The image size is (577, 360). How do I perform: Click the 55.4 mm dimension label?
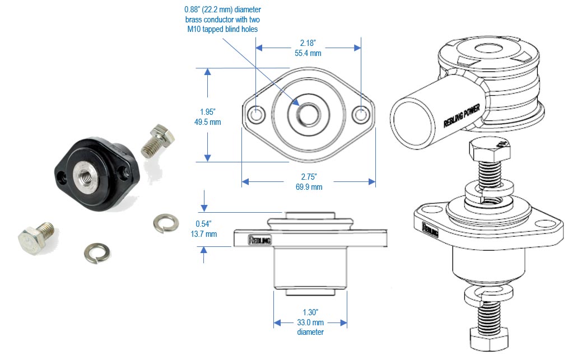(x=308, y=54)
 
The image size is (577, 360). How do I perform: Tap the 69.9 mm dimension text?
(x=308, y=187)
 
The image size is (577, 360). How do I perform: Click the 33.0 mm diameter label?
(x=310, y=322)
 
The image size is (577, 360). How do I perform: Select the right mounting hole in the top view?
(x=361, y=114)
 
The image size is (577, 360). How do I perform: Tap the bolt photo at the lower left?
(x=34, y=235)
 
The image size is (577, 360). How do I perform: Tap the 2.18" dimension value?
(x=308, y=43)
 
